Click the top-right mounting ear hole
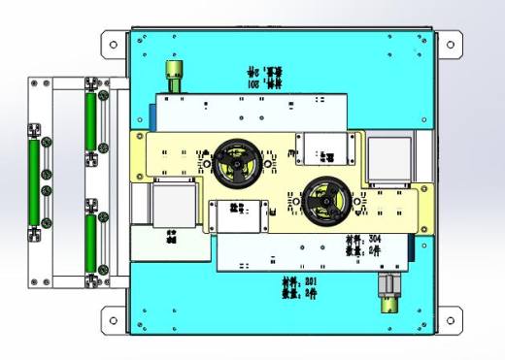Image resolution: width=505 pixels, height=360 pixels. (449, 44)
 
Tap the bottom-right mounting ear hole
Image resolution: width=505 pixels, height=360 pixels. (449, 317)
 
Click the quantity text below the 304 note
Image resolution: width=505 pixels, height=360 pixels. (366, 248)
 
